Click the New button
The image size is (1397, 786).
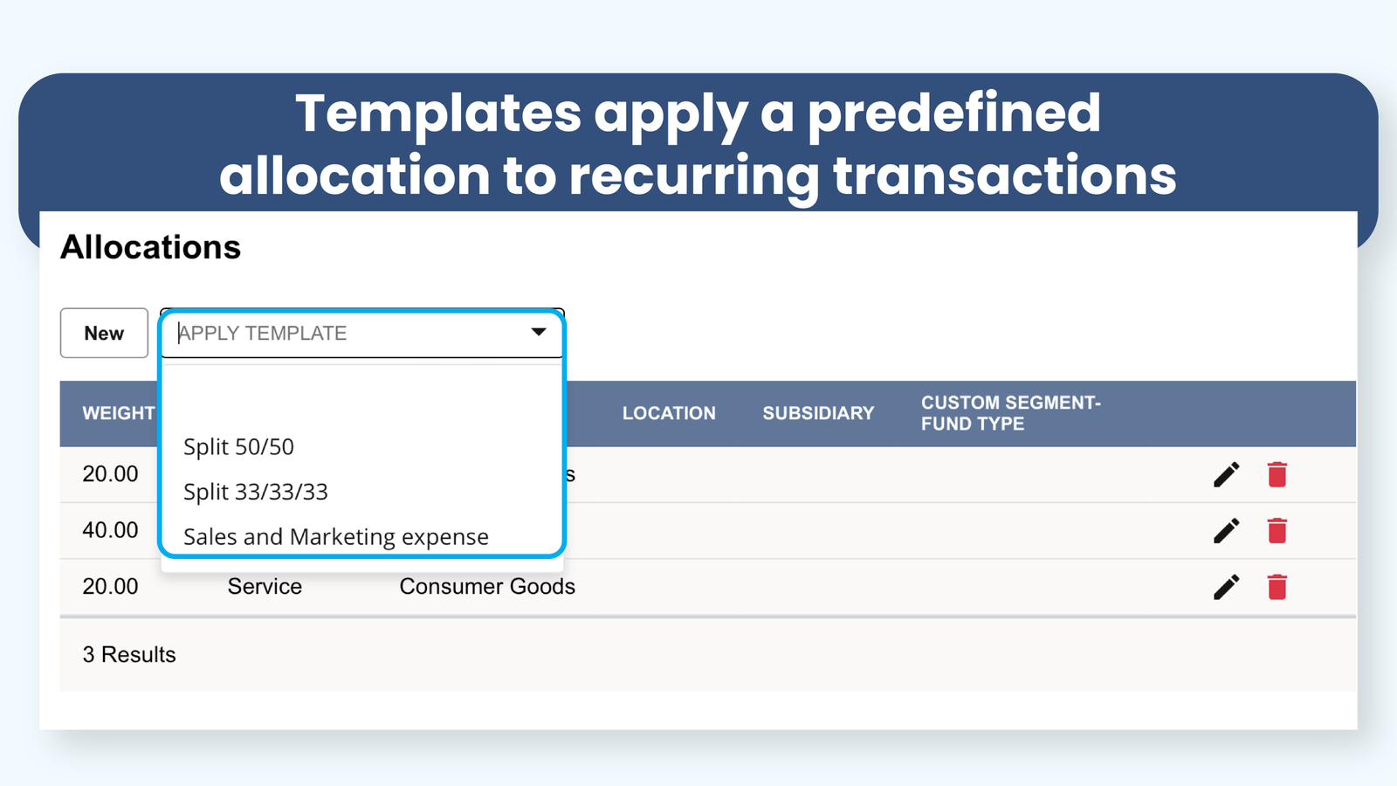point(104,333)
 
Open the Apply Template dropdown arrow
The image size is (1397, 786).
point(539,332)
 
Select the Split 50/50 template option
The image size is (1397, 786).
point(238,446)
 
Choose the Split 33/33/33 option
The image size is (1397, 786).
point(256,492)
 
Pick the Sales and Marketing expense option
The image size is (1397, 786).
point(336,536)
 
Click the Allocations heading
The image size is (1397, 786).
point(150,247)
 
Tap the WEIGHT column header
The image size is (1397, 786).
point(119,413)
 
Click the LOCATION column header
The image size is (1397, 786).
point(669,413)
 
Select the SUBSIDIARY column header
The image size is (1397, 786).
point(818,413)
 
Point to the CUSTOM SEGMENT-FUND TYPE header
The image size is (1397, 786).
point(1011,413)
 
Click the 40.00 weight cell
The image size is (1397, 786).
point(110,530)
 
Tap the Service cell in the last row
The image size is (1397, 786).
point(265,586)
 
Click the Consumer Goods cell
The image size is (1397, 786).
point(487,586)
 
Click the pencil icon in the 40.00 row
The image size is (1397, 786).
point(1226,531)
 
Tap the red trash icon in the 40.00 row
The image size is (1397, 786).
point(1277,530)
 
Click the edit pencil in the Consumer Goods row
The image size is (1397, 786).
point(1226,587)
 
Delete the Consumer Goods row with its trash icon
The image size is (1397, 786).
point(1277,586)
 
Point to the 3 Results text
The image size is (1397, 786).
point(129,654)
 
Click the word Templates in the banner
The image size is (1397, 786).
point(438,114)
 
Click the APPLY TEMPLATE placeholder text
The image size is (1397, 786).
point(263,333)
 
